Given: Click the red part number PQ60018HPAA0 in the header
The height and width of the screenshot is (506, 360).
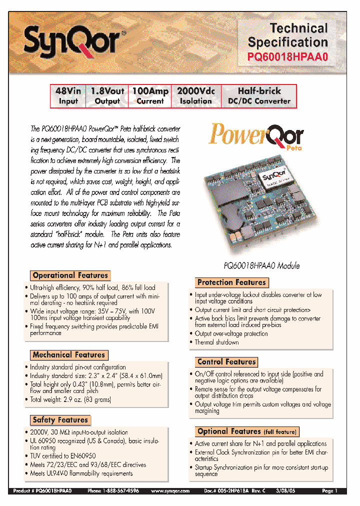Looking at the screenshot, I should point(288,57).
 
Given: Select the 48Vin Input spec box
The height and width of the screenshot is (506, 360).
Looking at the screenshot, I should point(68,96).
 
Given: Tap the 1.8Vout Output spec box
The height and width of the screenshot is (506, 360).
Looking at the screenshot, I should point(107,96).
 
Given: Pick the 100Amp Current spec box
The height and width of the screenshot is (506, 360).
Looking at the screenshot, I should point(150,96).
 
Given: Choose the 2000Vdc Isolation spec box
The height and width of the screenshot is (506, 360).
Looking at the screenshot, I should point(195,96).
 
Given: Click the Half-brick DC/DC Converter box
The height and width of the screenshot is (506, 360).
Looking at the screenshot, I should point(259,96).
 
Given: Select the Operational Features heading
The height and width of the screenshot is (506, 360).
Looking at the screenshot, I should point(70,275).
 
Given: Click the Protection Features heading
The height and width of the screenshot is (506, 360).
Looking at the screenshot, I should point(231,282).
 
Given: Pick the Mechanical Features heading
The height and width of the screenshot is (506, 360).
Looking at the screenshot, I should point(68,355).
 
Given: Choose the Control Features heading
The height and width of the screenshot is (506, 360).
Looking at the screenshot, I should point(226,362).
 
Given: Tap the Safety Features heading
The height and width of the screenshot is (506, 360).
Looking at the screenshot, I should point(60,420).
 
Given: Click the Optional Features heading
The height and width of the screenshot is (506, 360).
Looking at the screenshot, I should point(246,431).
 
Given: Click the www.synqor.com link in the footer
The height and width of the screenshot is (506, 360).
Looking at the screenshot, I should point(170,491).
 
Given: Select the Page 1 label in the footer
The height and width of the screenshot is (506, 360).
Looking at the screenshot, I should point(330,491).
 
